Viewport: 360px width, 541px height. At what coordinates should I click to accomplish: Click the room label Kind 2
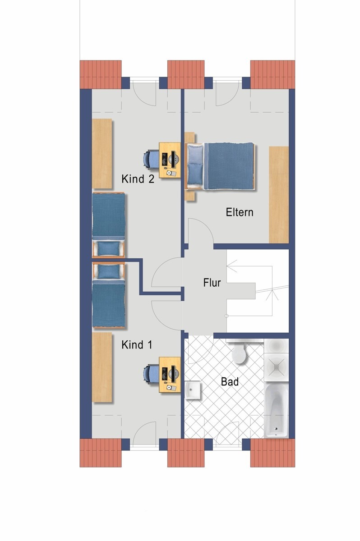pyautogui.click(x=138, y=179)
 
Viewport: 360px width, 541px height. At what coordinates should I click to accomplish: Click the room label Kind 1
pyautogui.click(x=137, y=345)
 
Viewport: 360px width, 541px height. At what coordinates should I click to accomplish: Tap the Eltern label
pyautogui.click(x=240, y=212)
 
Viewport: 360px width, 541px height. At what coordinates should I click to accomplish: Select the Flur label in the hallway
pyautogui.click(x=212, y=283)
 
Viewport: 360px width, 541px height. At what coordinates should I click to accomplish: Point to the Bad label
pyautogui.click(x=230, y=382)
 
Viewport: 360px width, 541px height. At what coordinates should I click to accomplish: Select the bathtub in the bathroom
pyautogui.click(x=276, y=410)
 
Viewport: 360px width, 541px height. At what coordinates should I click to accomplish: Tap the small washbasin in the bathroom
pyautogui.click(x=193, y=390)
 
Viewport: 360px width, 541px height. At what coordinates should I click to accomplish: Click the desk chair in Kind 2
pyautogui.click(x=150, y=160)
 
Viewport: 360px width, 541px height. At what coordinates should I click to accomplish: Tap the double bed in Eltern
pyautogui.click(x=221, y=166)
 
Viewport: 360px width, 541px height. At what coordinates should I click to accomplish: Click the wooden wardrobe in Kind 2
pyautogui.click(x=102, y=153)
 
